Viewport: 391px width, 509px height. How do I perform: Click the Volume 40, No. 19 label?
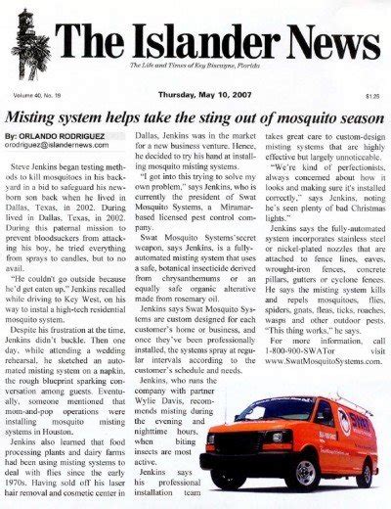pyautogui.click(x=38, y=97)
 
